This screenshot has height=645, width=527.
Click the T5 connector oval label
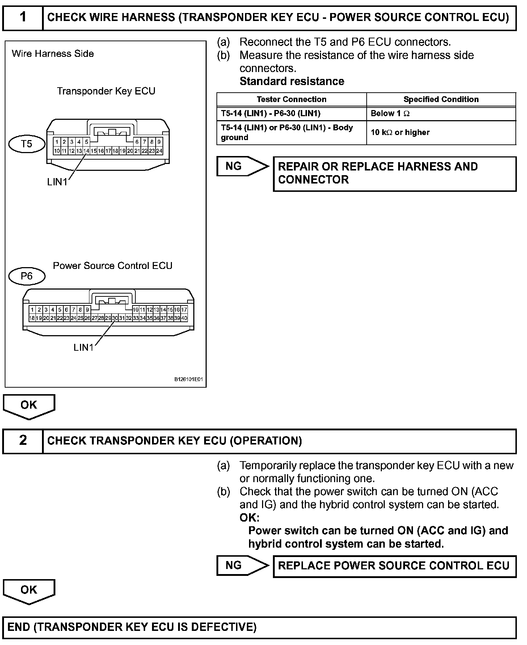[26, 144]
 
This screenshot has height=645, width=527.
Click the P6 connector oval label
[26, 276]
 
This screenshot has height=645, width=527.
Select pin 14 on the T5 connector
[86, 151]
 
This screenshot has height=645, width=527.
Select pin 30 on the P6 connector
[115, 318]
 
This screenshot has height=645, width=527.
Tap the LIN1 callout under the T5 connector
[57, 182]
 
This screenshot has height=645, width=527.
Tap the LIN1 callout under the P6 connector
[84, 347]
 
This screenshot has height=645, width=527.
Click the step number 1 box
[23, 17]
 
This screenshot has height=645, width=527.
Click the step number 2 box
[23, 440]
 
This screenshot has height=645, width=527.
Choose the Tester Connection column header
[291, 99]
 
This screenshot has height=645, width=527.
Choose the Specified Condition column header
[441, 99]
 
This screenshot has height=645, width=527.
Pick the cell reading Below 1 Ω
[390, 114]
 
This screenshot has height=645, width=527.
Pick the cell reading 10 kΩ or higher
[400, 132]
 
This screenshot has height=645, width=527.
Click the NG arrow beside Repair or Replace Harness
[242, 166]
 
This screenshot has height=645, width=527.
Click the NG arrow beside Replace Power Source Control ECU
[242, 565]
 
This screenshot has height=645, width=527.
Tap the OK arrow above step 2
[29, 405]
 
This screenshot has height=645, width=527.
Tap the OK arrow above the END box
[29, 590]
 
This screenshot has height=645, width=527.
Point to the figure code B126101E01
[189, 380]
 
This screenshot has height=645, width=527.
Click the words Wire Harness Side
[53, 54]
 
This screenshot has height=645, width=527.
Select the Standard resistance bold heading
[292, 81]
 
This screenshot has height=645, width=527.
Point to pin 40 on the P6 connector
[184, 318]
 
